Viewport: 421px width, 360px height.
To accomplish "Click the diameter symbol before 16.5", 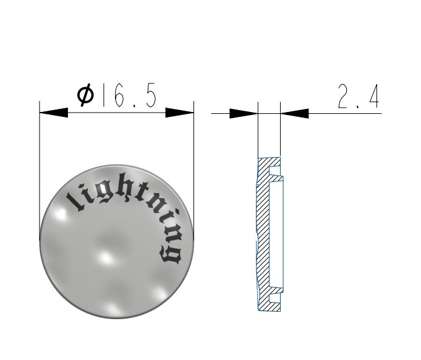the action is click(86, 95).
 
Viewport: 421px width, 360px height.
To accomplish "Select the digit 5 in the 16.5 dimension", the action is click(151, 96).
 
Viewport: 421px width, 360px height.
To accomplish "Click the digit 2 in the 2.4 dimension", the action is click(344, 96).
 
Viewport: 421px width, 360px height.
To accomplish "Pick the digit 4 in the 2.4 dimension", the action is click(374, 96).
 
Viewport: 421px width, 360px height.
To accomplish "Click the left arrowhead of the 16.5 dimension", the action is click(54, 113).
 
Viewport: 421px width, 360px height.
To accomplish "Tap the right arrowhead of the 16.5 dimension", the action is click(179, 113).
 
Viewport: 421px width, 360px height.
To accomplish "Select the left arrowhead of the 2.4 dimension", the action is click(244, 113).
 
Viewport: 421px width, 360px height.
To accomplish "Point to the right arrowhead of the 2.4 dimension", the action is click(294, 113).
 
